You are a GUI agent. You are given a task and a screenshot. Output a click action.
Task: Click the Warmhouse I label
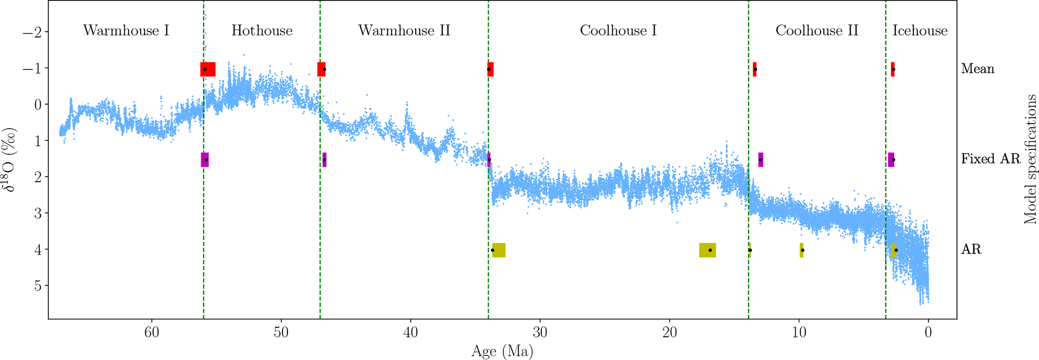[x=126, y=31]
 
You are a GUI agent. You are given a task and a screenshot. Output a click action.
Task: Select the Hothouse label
[x=262, y=31]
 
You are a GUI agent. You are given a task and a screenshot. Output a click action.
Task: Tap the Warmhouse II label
[x=404, y=31]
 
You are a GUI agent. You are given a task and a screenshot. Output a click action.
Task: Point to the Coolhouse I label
[x=618, y=31]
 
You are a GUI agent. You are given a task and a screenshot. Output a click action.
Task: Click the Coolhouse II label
[x=817, y=31]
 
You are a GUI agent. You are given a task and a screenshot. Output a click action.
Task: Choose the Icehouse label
[x=920, y=31]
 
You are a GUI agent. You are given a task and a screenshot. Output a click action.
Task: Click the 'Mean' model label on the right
[x=978, y=69]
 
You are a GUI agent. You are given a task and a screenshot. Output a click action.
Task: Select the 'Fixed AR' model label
[x=991, y=159]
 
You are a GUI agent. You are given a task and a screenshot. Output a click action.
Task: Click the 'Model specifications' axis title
[x=1030, y=159]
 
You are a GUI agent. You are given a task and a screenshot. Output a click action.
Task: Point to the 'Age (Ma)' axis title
[x=502, y=351]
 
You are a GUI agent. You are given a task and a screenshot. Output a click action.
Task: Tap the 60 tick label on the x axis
[x=152, y=332]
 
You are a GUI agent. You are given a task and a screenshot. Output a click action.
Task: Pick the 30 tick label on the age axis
[x=540, y=332]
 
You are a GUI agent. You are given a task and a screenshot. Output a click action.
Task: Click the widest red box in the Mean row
[x=208, y=69]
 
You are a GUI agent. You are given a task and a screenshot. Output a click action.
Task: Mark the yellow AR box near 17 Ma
[x=707, y=250]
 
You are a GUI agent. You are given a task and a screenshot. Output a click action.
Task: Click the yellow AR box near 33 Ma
[x=499, y=250]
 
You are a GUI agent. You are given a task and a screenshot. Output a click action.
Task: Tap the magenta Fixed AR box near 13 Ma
[x=761, y=159]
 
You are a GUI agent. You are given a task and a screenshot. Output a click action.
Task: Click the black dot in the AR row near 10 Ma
[x=802, y=250]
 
